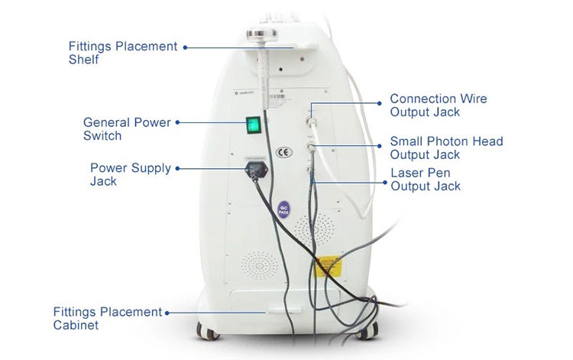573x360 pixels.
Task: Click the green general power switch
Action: tap(253, 125)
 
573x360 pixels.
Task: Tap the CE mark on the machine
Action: tap(284, 152)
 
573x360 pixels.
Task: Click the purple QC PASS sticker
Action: tap(283, 210)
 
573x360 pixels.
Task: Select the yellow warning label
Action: tap(329, 267)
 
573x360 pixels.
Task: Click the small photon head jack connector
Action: tap(311, 148)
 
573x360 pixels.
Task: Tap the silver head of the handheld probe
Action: tap(261, 35)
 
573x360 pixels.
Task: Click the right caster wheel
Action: tap(367, 331)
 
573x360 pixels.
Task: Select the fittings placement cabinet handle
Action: tap(284, 311)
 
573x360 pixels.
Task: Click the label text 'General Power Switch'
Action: tap(127, 129)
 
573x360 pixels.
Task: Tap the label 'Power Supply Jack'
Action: tap(131, 174)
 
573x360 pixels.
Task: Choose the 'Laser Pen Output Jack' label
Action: tap(426, 180)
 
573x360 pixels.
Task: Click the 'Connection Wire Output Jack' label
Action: tap(439, 105)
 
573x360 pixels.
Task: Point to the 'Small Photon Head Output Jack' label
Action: tap(447, 148)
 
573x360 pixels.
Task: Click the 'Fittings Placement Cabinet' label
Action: tap(108, 318)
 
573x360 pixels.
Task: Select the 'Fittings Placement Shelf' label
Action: tap(123, 53)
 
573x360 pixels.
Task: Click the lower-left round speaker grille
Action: tap(260, 265)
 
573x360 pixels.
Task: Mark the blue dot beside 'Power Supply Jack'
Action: tap(177, 168)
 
